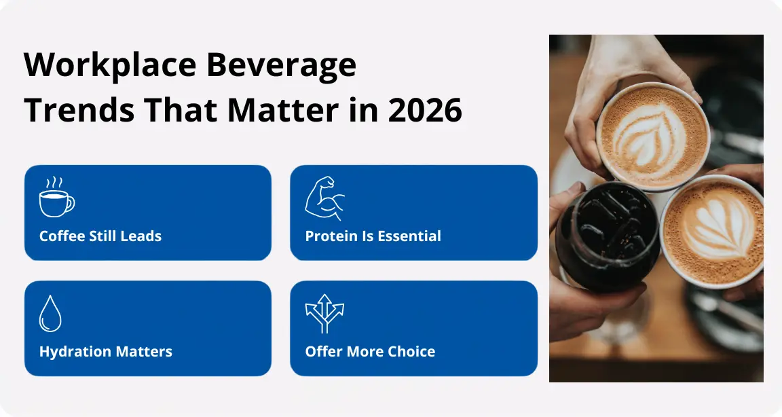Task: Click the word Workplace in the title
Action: (110, 65)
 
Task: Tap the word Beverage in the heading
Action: (281, 65)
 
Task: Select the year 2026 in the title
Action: (425, 110)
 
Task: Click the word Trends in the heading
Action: (79, 110)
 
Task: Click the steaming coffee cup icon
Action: (56, 196)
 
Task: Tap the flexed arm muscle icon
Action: (324, 198)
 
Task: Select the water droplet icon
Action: (50, 314)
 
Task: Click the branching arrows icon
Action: (324, 313)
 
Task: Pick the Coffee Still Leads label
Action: (100, 236)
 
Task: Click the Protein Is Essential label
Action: (373, 236)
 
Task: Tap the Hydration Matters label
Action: (106, 352)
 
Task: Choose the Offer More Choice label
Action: (370, 352)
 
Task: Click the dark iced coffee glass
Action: (607, 236)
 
